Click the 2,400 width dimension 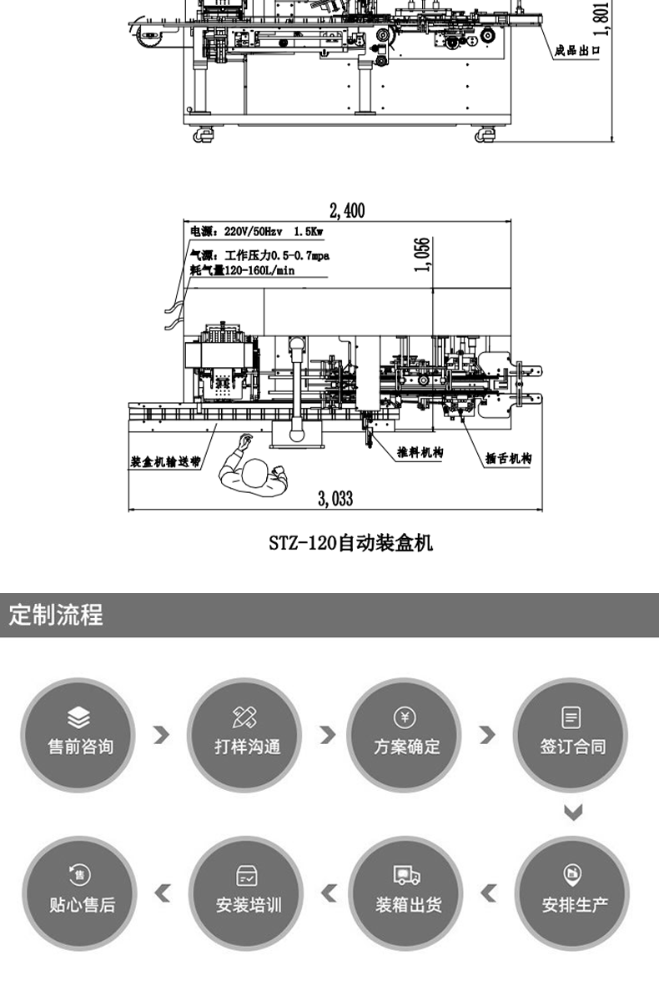point(347,210)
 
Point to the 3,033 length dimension point(335,499)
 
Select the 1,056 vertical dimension point(423,254)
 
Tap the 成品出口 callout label point(576,50)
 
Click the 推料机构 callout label point(420,452)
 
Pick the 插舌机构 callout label point(508,458)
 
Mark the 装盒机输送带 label point(165,462)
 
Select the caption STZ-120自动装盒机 point(351,543)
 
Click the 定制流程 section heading point(56,615)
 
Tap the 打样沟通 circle point(246,735)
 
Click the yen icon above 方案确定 point(405,717)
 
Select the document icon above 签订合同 point(571,717)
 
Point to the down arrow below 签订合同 point(573,812)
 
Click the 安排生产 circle point(573,893)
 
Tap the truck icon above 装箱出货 point(407,875)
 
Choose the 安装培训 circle point(247,893)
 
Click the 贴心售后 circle point(81,893)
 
